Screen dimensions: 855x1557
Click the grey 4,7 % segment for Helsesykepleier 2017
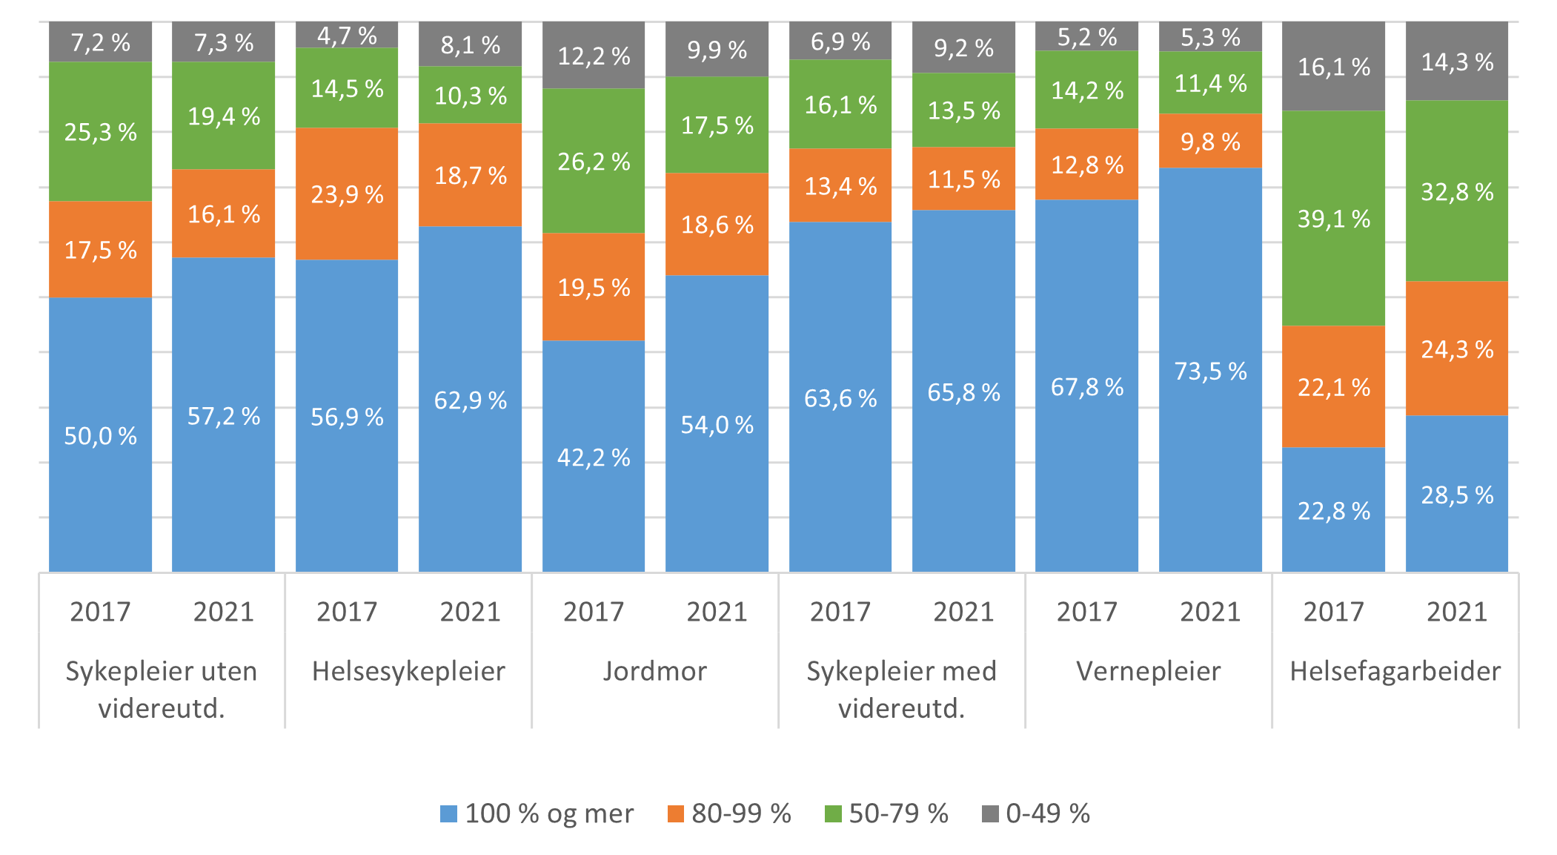(x=347, y=35)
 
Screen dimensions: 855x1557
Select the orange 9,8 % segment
(x=1210, y=141)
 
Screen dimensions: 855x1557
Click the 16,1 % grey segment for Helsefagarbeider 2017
(x=1333, y=67)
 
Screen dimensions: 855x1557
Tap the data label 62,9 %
(x=471, y=401)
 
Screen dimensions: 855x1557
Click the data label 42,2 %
(x=594, y=458)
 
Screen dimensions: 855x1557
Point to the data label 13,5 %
(x=963, y=111)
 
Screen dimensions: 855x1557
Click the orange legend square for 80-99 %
(x=675, y=813)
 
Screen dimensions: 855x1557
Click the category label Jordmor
(x=654, y=671)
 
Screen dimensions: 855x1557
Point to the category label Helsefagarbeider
(x=1395, y=671)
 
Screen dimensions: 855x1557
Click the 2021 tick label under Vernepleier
(x=1210, y=612)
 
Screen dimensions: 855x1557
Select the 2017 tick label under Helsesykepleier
(x=347, y=612)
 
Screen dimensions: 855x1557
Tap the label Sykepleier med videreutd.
(x=901, y=690)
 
